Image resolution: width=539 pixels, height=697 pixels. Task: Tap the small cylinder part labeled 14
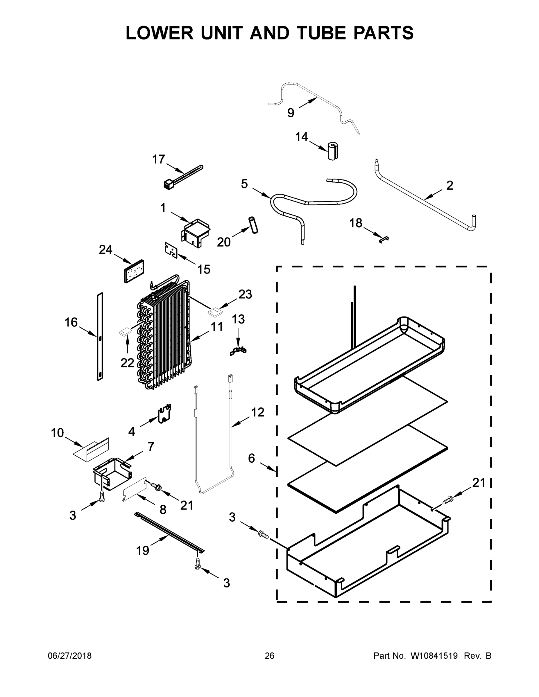pos(332,151)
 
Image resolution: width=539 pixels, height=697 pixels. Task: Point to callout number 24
pos(105,249)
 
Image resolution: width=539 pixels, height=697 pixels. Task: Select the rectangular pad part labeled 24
pos(134,271)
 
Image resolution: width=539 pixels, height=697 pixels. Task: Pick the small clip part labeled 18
pos(384,239)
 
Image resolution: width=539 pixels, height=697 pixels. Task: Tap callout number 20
pos(223,242)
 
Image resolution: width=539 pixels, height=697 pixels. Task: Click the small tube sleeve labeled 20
pos(254,225)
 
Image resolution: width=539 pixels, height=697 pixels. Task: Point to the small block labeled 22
pos(125,332)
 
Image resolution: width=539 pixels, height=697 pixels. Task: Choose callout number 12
pos(257,412)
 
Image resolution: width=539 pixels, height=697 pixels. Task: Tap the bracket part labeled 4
pos(165,414)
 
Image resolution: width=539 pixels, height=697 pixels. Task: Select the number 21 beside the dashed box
pos(479,483)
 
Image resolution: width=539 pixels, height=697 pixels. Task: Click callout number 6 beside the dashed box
pos(251,459)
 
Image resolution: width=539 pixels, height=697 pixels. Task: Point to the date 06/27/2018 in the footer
pos(70,656)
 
